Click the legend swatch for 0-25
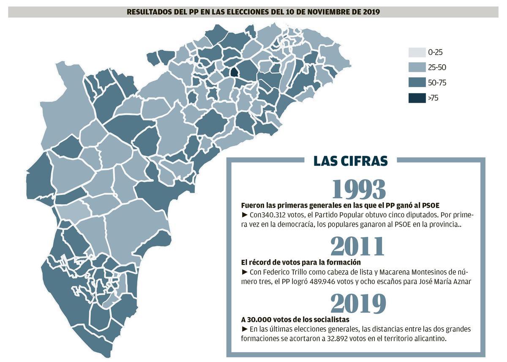click(x=417, y=52)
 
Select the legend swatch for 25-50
click(x=417, y=67)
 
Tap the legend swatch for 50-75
click(x=417, y=83)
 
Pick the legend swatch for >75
click(x=417, y=98)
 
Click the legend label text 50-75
click(x=437, y=83)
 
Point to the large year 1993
click(x=359, y=189)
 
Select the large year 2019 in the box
click(x=358, y=303)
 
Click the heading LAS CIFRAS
click(x=351, y=161)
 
